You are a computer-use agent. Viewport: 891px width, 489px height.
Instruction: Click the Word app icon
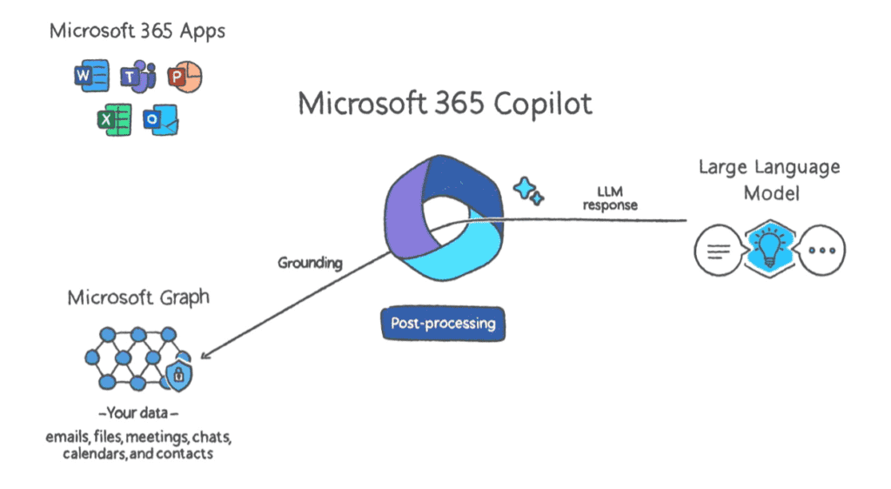click(x=91, y=76)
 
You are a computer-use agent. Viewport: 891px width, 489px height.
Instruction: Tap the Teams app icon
click(x=138, y=76)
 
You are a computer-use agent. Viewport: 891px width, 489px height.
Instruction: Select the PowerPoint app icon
click(x=184, y=76)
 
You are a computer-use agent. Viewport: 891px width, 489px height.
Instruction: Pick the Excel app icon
click(x=114, y=119)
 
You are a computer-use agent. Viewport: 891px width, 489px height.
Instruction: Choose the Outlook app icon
click(x=161, y=119)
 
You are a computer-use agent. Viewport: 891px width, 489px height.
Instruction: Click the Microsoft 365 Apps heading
click(x=137, y=31)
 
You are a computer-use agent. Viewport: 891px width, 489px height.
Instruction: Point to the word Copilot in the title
click(x=543, y=104)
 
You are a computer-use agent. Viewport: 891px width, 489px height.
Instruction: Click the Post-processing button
click(x=443, y=324)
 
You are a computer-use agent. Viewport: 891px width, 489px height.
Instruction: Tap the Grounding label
click(x=311, y=263)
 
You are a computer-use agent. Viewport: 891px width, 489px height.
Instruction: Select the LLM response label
click(x=610, y=198)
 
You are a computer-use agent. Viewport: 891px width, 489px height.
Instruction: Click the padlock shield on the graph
click(x=179, y=374)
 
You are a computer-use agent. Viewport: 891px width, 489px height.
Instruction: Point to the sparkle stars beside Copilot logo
click(x=528, y=191)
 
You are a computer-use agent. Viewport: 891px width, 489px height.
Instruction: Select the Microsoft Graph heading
click(x=138, y=298)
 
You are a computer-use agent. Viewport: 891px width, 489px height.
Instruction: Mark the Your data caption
click(x=138, y=413)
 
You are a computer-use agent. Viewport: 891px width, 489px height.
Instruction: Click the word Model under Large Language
click(x=771, y=194)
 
